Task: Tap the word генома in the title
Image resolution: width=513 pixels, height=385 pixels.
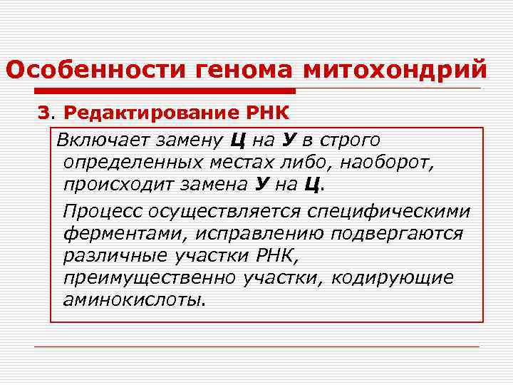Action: click(x=241, y=70)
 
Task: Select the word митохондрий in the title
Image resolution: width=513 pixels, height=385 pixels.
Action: click(x=396, y=70)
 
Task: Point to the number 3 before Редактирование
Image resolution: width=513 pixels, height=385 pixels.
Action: click(x=43, y=113)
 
